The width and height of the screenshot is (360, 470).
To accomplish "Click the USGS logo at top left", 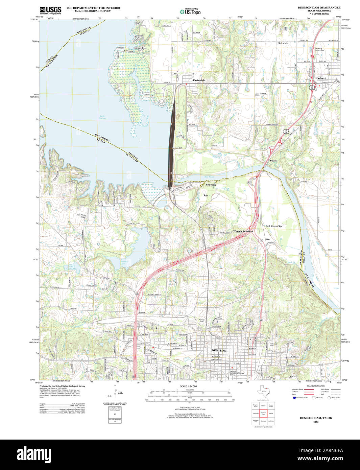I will (50, 10).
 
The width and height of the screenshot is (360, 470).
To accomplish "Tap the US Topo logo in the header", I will (190, 12).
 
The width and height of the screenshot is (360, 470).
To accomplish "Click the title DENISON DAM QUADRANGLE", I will (319, 7).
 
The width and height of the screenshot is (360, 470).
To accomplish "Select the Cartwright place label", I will (199, 80).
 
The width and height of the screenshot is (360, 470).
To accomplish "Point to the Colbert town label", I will (321, 78).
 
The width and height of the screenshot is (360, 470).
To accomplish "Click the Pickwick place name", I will (283, 43).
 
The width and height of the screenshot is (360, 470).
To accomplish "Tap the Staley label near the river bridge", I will (273, 161).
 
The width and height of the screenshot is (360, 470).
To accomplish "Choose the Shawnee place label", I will (211, 185).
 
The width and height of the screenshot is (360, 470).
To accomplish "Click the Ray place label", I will (206, 195).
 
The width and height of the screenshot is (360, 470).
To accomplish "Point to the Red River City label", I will (273, 226).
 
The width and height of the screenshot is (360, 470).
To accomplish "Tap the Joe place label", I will (268, 239).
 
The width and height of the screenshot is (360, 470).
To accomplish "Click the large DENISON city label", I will (218, 351).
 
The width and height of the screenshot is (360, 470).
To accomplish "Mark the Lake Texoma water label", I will (102, 117).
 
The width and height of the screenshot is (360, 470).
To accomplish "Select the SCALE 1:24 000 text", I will (188, 386).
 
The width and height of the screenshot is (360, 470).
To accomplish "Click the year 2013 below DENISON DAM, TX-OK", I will (316, 422).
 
